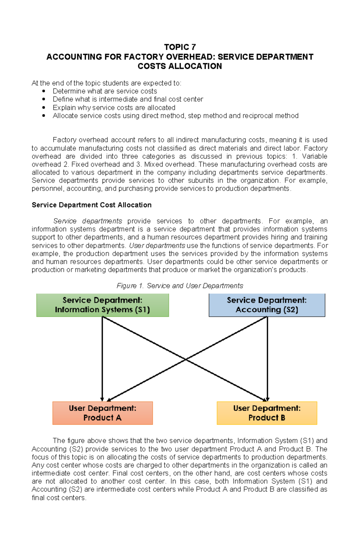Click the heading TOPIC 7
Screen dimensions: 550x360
point(180,47)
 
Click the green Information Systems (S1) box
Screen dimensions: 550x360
point(102,305)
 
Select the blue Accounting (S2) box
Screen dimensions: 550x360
point(267,305)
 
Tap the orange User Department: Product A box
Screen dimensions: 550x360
point(102,413)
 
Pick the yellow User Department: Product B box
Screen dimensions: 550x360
point(267,413)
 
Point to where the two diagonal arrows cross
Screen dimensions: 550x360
point(185,359)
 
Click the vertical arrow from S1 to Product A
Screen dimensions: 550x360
point(102,360)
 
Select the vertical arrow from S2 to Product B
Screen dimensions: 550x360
point(267,360)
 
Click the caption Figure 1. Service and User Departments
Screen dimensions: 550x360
point(180,286)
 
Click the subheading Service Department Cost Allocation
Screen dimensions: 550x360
point(91,205)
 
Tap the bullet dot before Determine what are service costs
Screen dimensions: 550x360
point(44,91)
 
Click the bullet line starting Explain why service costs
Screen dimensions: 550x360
point(114,108)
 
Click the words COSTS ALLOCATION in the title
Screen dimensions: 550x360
point(180,66)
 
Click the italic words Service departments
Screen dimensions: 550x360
point(88,221)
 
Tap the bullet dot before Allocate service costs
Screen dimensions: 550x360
point(44,116)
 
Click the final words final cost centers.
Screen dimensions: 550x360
point(59,498)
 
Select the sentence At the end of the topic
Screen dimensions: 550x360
point(106,83)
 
